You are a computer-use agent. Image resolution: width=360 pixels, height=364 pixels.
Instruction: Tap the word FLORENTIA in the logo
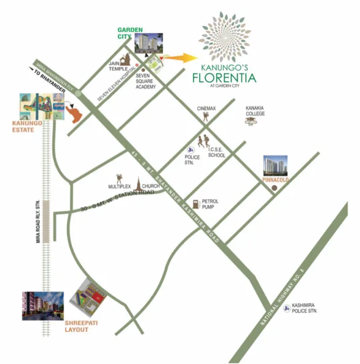[224, 77]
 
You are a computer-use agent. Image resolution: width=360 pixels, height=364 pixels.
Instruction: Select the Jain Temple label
[118, 65]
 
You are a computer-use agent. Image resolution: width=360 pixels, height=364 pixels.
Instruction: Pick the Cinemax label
[207, 108]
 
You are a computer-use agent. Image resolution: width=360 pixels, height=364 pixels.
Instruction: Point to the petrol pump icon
[194, 204]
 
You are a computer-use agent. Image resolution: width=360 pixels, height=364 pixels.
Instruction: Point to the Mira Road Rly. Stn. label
[37, 222]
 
